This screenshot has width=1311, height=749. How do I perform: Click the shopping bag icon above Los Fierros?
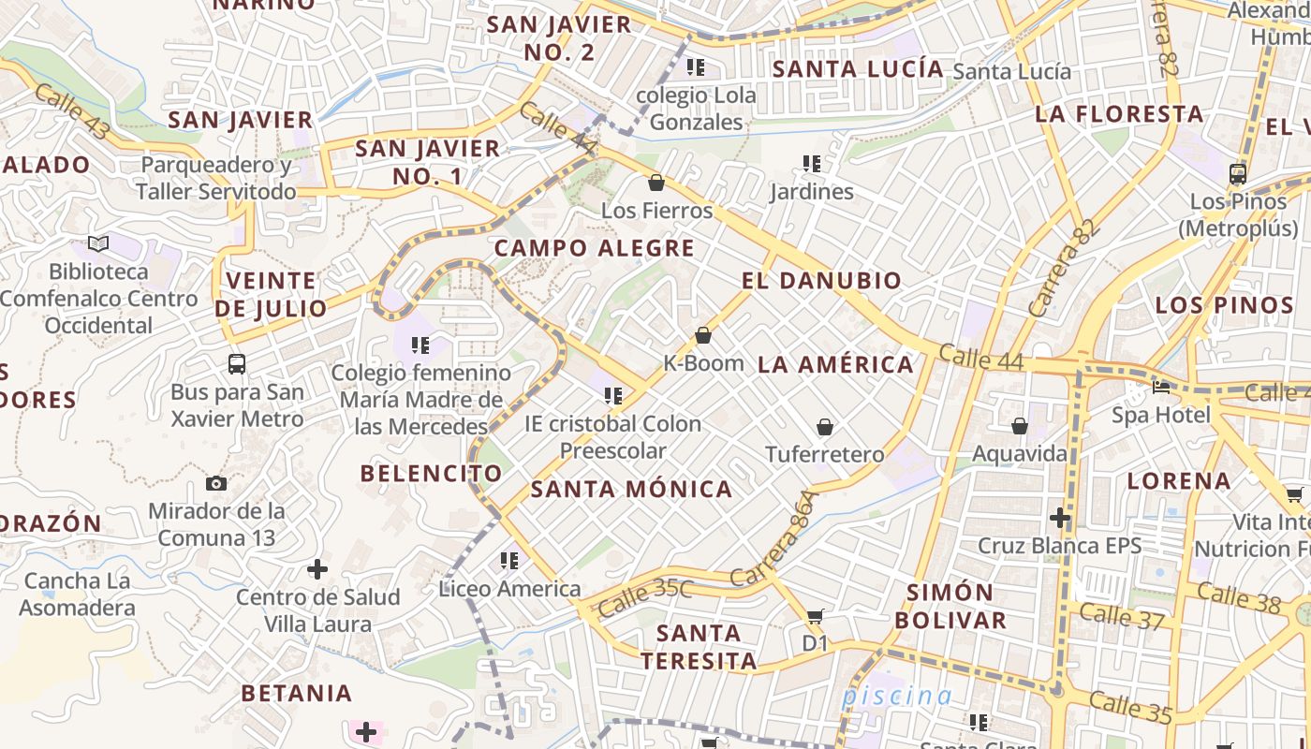tap(656, 183)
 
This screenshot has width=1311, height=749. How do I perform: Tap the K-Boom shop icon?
tap(703, 335)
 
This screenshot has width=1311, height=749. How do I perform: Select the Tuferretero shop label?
tap(824, 454)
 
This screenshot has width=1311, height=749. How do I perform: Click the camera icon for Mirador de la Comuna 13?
tap(216, 483)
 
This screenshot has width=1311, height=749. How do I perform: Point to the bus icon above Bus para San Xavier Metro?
tap(237, 364)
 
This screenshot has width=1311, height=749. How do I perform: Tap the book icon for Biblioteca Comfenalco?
tap(98, 244)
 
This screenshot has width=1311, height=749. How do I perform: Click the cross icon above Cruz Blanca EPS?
tap(1059, 517)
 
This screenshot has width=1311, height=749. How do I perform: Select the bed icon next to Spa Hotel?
tap(1161, 387)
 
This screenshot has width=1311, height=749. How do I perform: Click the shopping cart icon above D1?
tap(815, 616)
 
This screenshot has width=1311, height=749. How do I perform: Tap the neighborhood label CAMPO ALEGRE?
tap(595, 248)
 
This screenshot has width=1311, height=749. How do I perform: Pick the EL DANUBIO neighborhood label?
tap(821, 280)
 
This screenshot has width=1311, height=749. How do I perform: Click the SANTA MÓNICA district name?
tap(631, 489)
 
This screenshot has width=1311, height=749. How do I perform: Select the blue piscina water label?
tap(896, 696)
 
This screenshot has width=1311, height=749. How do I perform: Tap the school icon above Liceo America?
tap(509, 561)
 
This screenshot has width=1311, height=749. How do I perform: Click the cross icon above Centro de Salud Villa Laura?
tap(317, 568)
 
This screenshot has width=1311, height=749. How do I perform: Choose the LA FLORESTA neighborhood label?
tap(1119, 114)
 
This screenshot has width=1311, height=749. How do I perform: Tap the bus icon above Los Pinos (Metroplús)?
tap(1238, 173)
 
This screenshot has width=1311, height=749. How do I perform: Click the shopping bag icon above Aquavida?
tap(1020, 426)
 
